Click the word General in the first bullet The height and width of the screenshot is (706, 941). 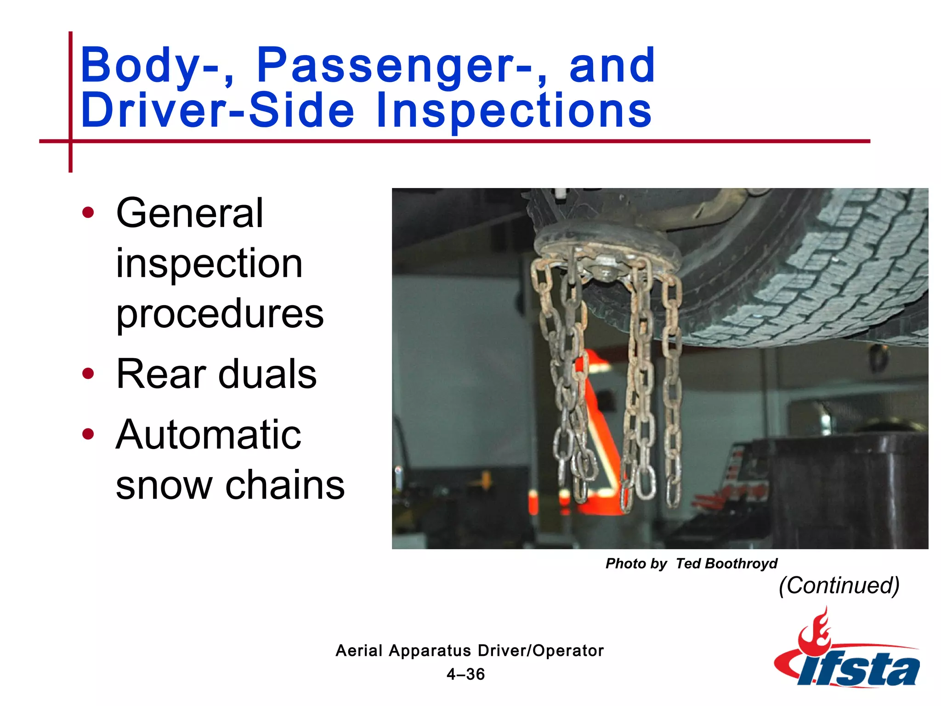point(190,213)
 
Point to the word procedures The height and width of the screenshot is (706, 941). point(220,313)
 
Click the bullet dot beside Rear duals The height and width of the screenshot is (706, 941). point(88,374)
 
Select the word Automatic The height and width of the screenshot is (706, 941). point(209,435)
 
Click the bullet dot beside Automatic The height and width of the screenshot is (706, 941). point(88,434)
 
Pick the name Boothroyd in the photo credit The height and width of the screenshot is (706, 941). point(741,564)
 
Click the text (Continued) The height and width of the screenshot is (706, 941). point(839,586)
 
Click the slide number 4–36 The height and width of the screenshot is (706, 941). point(465,674)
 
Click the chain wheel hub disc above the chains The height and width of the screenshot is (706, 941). point(607,248)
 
